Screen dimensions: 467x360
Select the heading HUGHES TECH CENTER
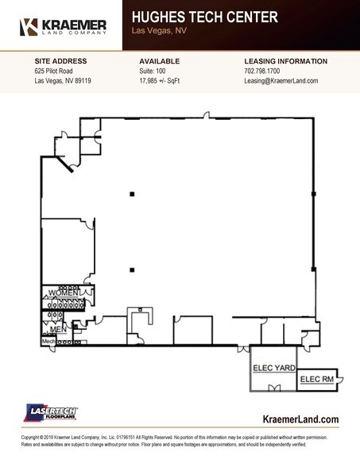[204, 17]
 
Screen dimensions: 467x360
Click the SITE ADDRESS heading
[60, 61]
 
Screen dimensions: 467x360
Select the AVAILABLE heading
[159, 61]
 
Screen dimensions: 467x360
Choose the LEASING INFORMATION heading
[285, 61]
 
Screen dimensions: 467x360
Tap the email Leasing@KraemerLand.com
[281, 81]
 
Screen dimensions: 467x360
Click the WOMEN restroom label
[64, 294]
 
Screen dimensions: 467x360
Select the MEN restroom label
[58, 327]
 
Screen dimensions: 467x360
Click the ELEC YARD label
[273, 368]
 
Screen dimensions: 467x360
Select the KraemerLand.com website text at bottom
[300, 419]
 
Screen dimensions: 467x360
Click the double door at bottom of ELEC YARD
[274, 388]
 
